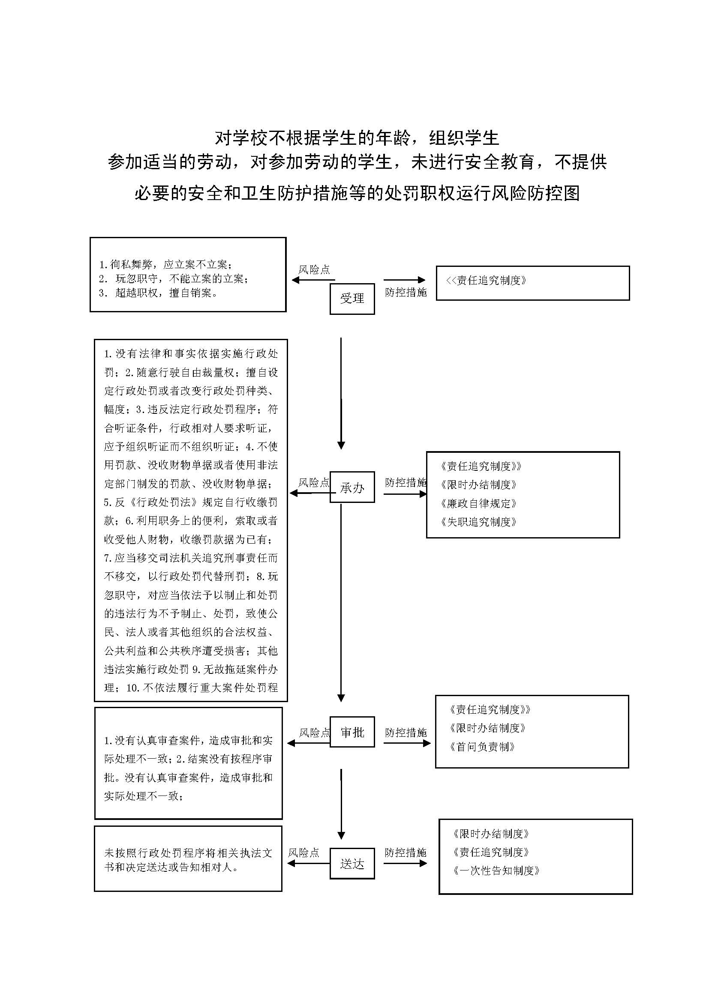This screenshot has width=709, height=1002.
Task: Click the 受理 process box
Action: click(352, 299)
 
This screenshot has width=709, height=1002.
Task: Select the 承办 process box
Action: click(352, 487)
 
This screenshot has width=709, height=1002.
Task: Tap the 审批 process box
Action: click(352, 732)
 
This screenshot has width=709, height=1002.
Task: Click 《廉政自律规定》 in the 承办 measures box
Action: click(478, 503)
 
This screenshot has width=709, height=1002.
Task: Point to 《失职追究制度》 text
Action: click(478, 521)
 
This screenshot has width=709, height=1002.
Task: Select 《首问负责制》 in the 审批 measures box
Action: click(482, 747)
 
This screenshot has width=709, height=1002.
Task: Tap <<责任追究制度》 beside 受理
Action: click(487, 280)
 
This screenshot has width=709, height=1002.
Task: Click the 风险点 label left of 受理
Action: click(314, 270)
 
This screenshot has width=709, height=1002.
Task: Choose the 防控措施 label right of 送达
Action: click(405, 852)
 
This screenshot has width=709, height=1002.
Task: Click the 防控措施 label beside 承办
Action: click(405, 482)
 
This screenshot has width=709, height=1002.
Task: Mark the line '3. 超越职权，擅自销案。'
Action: click(159, 293)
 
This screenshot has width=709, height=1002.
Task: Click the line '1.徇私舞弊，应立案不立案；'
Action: click(165, 264)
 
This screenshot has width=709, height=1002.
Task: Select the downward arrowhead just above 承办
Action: click(341, 445)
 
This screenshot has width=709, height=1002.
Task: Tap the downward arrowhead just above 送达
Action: click(341, 835)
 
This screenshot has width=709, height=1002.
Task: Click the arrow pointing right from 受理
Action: click(404, 280)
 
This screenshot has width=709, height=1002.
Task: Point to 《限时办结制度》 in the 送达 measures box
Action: click(491, 834)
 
